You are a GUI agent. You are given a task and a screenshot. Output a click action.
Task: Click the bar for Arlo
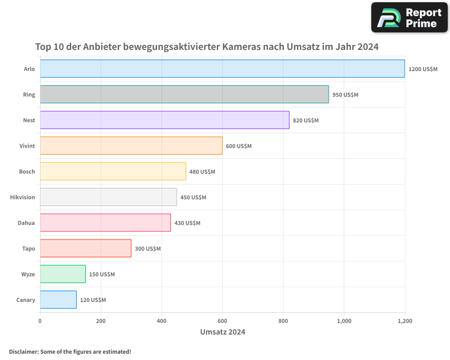pyautogui.click(x=222, y=69)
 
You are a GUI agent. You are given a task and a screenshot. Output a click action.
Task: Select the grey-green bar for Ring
pyautogui.click(x=184, y=94)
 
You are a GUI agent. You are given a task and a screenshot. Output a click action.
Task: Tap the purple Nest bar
pyautogui.click(x=165, y=120)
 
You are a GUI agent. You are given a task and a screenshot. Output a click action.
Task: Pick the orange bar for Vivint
pyautogui.click(x=131, y=146)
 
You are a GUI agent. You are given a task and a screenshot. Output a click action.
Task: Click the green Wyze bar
pyautogui.click(x=63, y=274)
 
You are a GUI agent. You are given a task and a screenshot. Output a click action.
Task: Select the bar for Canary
pyautogui.click(x=58, y=300)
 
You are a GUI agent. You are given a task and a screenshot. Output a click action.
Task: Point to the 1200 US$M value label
pyautogui.click(x=423, y=69)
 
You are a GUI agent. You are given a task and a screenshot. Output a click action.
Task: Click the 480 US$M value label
pyautogui.click(x=202, y=172)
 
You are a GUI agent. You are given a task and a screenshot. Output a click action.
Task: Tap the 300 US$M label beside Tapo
pyautogui.click(x=148, y=249)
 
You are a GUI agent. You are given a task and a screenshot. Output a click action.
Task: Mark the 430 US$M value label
pyautogui.click(x=187, y=223)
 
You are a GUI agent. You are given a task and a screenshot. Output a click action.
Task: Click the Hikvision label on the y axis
pyautogui.click(x=22, y=197)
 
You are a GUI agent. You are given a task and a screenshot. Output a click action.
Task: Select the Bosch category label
pyautogui.click(x=27, y=171)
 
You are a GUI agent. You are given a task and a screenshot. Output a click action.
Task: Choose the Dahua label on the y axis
pyautogui.click(x=26, y=223)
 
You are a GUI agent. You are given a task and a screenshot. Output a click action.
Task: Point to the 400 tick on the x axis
pyautogui.click(x=162, y=321)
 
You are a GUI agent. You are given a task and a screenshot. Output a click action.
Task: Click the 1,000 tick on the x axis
pyautogui.click(x=344, y=321)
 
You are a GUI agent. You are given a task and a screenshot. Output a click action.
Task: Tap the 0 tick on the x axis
pyautogui.click(x=40, y=321)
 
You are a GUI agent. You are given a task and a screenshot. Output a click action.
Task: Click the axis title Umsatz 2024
pyautogui.click(x=222, y=332)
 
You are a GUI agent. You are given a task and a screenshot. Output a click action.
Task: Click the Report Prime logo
pyautogui.click(x=409, y=18)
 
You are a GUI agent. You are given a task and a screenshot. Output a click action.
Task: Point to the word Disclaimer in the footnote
pyautogui.click(x=23, y=351)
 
